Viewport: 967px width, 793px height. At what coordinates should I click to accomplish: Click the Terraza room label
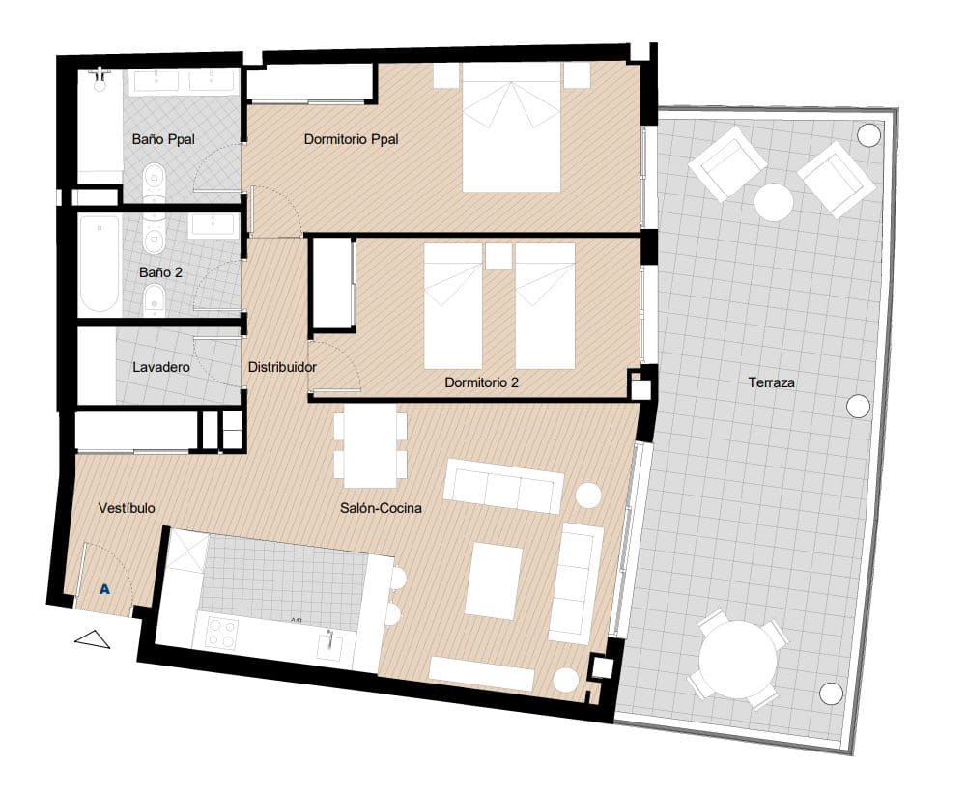771,382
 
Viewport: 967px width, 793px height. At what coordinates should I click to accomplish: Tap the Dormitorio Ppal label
351,139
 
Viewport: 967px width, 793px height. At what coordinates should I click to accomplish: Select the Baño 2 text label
160,272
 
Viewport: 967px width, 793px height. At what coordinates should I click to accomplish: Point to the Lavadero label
160,368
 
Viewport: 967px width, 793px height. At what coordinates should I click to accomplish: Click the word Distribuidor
282,368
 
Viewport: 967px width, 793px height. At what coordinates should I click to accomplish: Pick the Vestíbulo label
127,508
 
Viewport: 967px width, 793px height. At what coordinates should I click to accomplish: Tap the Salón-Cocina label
380,508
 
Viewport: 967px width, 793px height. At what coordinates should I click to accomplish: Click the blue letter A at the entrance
103,588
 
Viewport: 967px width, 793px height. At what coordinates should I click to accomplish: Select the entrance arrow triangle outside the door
94,638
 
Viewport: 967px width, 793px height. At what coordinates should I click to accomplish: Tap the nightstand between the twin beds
498,256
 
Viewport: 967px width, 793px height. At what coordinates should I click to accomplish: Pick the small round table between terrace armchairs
774,203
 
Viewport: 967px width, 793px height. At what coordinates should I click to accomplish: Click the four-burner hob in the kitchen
222,633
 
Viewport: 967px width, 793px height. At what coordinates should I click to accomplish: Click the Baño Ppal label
163,139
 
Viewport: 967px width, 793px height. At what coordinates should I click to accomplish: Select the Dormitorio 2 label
481,382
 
